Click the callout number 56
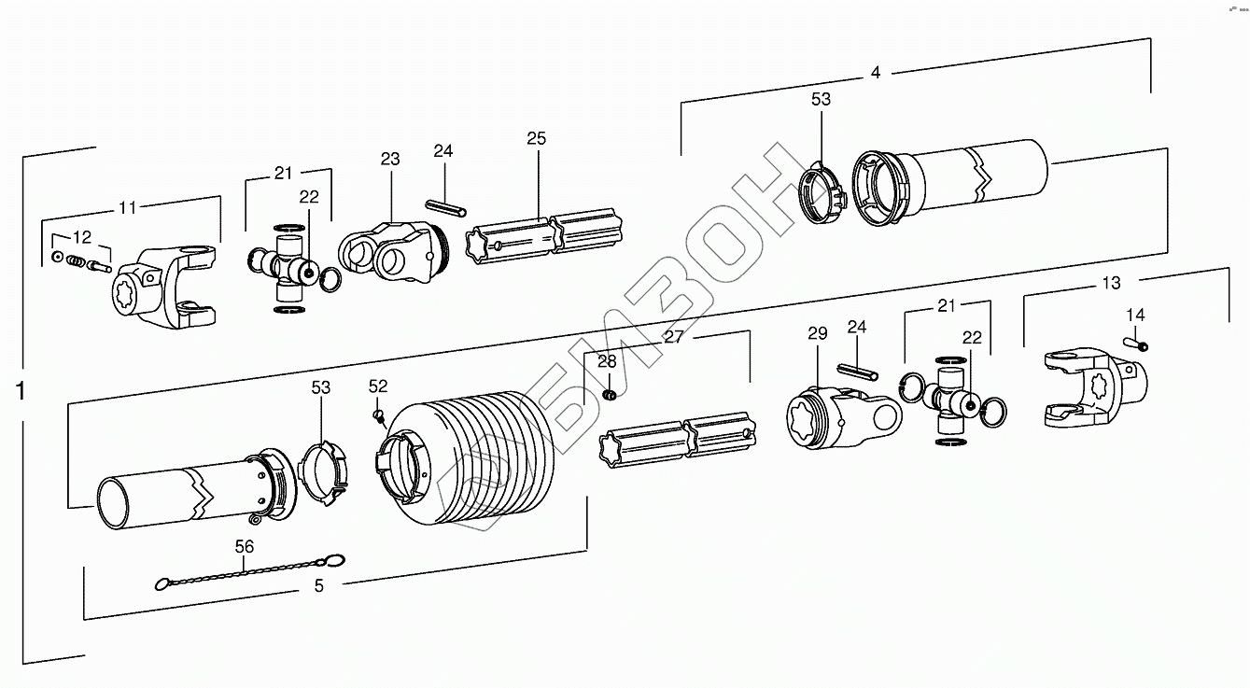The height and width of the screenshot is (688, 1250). point(245,547)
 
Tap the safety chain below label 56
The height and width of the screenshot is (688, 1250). point(247,574)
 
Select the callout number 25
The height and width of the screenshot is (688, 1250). point(536,139)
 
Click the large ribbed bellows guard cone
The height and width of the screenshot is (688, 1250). point(467,462)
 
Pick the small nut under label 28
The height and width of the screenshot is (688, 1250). point(610,396)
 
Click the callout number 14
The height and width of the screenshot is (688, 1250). point(1135,315)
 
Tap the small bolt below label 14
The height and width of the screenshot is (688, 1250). point(1140,344)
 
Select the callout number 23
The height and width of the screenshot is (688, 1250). point(389,160)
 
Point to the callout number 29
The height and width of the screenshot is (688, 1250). point(818,334)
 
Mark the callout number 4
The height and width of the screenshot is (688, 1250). point(875,73)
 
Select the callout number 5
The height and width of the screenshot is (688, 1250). point(318,586)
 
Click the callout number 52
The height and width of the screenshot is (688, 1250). point(377,386)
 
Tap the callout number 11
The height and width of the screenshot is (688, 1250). point(127,207)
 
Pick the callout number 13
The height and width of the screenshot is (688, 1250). point(1112,283)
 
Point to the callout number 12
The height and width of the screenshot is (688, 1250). point(82,237)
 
